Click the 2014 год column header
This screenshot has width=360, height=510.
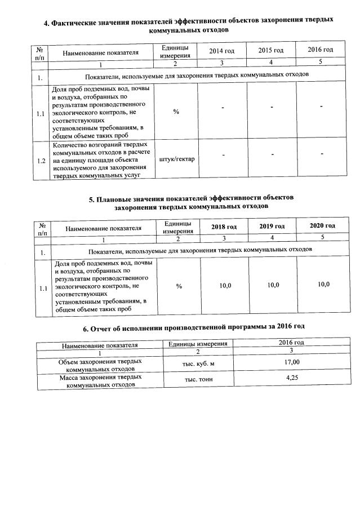(x=221, y=51)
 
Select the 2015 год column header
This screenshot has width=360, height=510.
(x=270, y=51)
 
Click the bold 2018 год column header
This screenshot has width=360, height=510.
(x=224, y=227)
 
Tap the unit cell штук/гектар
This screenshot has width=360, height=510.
(x=177, y=159)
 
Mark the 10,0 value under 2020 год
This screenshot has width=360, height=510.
(x=323, y=284)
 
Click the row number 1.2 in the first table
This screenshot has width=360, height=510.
(x=41, y=161)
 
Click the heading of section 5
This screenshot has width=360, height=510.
(x=192, y=202)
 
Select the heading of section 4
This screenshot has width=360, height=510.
(x=188, y=24)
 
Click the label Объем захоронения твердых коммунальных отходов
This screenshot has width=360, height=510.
(x=100, y=364)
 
